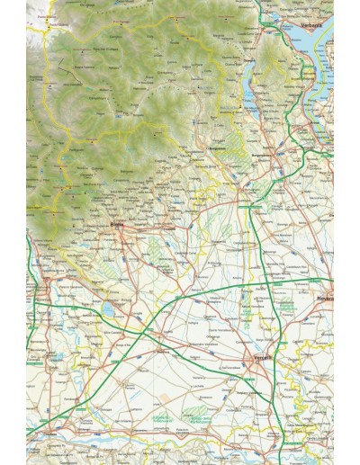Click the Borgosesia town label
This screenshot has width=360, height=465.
click(215, 150)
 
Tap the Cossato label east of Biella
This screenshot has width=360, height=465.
click(168, 230)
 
